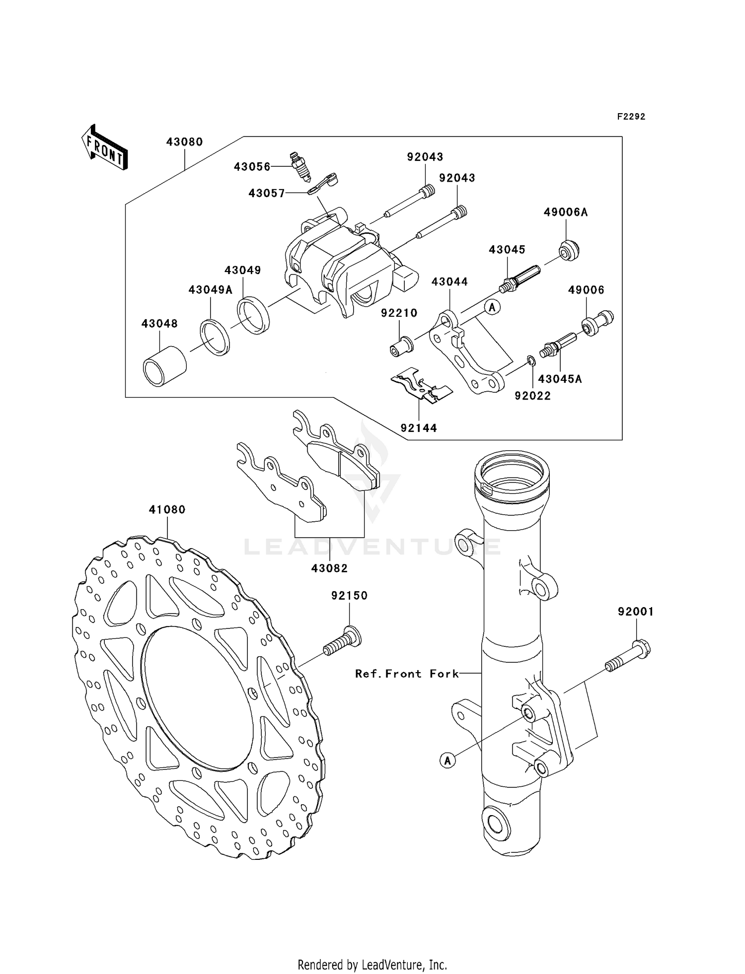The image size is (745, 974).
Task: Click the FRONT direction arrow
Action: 105,148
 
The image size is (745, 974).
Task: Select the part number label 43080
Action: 184,142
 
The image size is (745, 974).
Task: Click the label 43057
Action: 267,193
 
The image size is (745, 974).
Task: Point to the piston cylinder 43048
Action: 164,366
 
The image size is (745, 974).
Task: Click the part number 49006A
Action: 565,212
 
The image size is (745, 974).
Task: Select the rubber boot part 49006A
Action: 569,251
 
